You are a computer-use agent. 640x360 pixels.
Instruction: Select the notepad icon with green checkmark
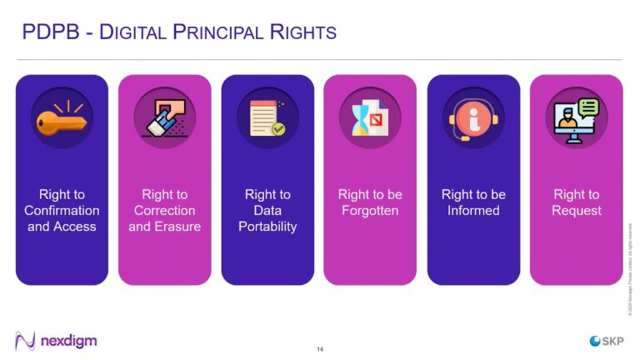tap(267, 117)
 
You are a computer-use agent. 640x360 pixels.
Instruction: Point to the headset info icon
tap(473, 117)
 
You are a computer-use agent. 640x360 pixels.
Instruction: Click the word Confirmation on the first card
tap(62, 211)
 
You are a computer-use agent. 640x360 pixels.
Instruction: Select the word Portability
tap(267, 227)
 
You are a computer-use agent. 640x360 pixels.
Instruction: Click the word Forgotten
tap(370, 211)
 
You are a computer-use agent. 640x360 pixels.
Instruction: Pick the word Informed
tap(473, 211)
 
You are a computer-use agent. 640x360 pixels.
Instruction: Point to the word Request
tap(577, 211)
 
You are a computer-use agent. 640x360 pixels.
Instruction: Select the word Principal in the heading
tap(219, 32)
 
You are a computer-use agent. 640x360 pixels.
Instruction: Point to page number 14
tap(320, 347)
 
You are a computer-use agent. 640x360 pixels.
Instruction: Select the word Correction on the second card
tap(164, 211)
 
